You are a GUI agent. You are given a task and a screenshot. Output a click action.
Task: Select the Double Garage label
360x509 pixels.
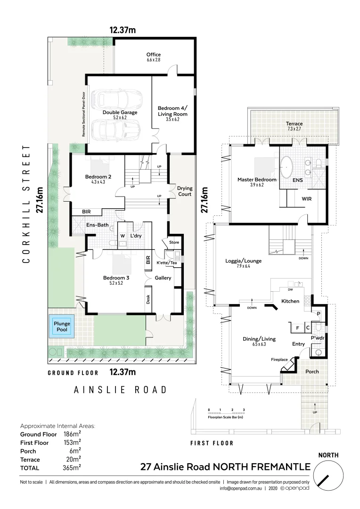coord(120,113)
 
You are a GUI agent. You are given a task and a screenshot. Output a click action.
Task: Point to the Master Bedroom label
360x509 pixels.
coord(257,179)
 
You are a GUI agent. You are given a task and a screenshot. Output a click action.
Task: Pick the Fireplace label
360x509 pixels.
coord(279,360)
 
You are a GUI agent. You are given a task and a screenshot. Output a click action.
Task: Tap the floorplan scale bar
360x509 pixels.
coord(226,410)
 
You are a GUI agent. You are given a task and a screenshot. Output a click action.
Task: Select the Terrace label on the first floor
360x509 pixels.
coord(295,124)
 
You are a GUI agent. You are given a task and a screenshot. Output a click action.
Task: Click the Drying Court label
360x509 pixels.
coord(185,191)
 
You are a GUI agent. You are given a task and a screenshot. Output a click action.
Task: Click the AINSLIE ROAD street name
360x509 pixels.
coord(121,390)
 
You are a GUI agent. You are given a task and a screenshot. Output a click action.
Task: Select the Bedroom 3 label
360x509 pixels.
coord(116,278)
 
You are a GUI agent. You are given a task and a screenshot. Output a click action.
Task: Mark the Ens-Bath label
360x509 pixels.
coord(97,225)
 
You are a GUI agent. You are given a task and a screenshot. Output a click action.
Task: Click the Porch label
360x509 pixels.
coord(312,371)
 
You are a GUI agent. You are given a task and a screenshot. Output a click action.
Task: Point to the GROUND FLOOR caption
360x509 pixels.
coord(73,373)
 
